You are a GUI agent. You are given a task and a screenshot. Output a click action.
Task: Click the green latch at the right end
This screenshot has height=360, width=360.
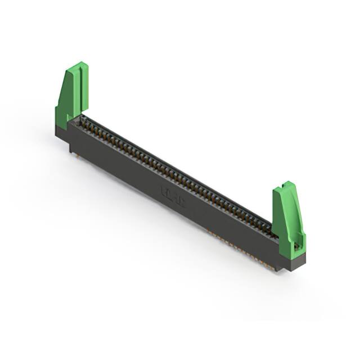[x=287, y=217]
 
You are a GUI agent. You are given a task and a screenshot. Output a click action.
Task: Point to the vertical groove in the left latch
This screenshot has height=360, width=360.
[x=80, y=87]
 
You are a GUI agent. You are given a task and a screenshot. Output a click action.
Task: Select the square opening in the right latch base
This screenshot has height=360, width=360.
[x=297, y=246]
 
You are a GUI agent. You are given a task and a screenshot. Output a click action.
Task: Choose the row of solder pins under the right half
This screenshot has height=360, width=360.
[x=242, y=247]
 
